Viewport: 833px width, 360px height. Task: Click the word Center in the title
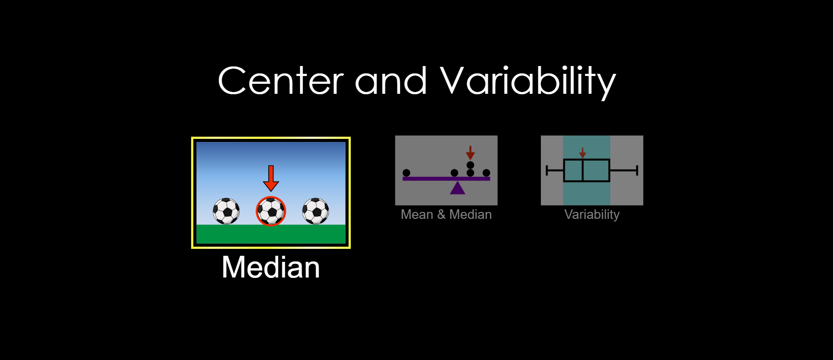point(281,81)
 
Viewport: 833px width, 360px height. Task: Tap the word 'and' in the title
point(391,81)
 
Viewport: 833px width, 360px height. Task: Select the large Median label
point(271,267)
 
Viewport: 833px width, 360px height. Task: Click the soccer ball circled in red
point(271,211)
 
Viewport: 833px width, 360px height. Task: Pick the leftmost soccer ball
point(226,211)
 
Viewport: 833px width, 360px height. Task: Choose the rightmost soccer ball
point(316,211)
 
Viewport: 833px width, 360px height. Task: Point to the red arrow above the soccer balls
point(271,178)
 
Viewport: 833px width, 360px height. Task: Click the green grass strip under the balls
point(271,234)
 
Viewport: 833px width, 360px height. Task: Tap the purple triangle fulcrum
point(458,188)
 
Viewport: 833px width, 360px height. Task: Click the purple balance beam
point(446,178)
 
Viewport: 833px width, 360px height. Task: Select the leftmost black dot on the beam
point(406,173)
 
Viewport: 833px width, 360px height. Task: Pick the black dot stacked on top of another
point(470,165)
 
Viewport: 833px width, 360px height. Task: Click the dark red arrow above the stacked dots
point(470,152)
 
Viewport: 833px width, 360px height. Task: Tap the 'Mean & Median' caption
point(446,215)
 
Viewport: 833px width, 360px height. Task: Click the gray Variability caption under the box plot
point(592,215)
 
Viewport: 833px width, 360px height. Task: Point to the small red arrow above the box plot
point(583,153)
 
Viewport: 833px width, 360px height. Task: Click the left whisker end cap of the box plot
point(547,170)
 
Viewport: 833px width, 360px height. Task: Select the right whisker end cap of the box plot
point(637,170)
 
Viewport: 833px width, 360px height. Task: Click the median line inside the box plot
point(583,170)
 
